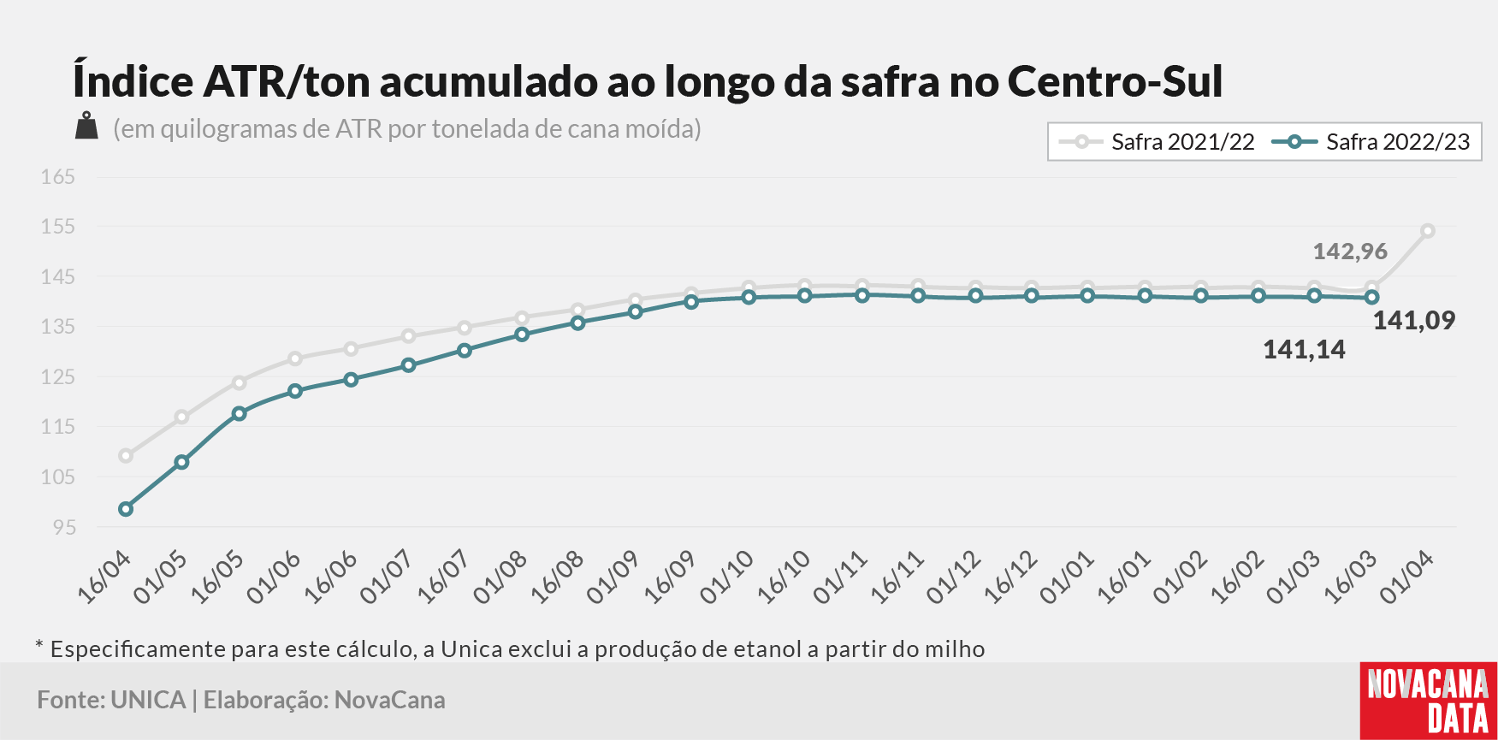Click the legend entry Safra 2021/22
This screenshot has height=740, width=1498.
point(1157,142)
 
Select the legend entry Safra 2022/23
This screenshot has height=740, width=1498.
point(1371,142)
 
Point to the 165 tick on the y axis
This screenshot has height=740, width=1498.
point(58,177)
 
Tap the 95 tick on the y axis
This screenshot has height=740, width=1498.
point(64,527)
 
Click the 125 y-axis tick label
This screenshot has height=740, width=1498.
point(58,376)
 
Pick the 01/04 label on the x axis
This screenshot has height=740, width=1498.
point(1408,577)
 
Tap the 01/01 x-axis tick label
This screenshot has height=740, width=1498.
point(1069,577)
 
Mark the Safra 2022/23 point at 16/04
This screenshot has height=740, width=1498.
point(126,509)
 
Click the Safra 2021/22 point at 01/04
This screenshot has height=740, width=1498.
point(1428,231)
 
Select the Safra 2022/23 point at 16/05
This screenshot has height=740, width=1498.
point(240,414)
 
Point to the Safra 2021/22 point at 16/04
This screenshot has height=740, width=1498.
point(126,456)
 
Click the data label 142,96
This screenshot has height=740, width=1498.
point(1350,252)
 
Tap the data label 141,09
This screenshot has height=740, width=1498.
point(1414,321)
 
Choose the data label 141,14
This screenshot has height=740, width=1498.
point(1304,350)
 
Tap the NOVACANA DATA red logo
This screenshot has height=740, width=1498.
point(1429,701)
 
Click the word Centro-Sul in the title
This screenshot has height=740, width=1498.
point(1115,81)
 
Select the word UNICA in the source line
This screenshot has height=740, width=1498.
point(148,700)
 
